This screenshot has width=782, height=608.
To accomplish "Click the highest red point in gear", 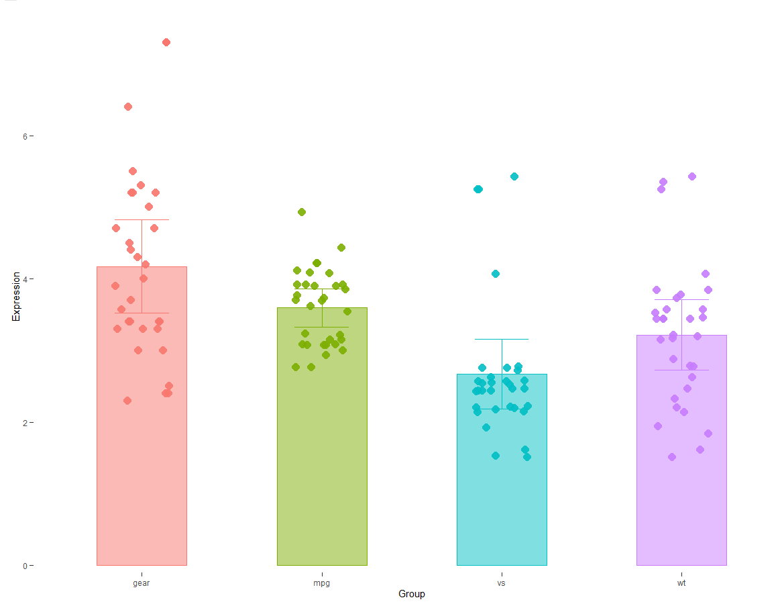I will (166, 42).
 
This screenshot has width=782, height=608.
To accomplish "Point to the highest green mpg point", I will (302, 212).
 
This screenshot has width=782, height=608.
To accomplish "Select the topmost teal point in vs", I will (514, 176).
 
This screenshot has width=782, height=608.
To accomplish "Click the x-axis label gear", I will (142, 583).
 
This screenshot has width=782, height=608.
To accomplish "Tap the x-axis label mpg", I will (322, 583).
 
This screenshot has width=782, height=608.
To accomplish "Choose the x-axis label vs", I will (502, 583).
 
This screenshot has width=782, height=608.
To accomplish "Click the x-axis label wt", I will (681, 583).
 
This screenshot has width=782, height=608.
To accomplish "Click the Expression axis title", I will (16, 297).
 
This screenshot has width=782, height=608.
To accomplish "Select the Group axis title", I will (411, 595).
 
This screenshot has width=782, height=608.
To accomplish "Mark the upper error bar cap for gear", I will (142, 220).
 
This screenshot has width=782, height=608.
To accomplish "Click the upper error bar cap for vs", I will (502, 340).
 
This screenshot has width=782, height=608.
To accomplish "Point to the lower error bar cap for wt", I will (681, 370).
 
